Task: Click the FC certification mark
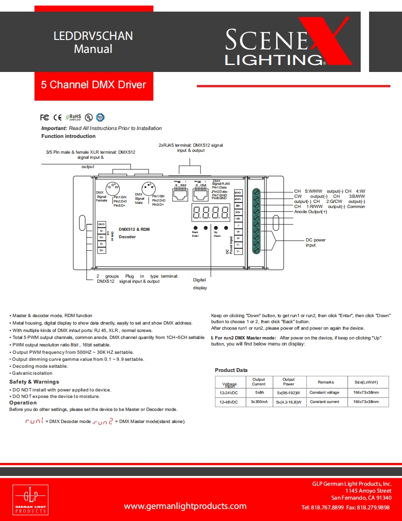(x=45, y=117)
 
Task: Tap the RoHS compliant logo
(x=73, y=117)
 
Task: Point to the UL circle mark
(x=88, y=117)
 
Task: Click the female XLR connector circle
(x=112, y=189)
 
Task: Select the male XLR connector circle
(x=148, y=189)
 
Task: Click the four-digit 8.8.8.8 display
(x=210, y=213)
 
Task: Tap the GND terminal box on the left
(x=102, y=224)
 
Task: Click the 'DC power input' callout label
(x=316, y=242)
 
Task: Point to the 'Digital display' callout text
(x=200, y=284)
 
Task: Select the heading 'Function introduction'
(x=68, y=136)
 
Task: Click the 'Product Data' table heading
(x=231, y=370)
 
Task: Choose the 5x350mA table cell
(x=259, y=402)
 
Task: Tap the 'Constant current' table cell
(x=324, y=402)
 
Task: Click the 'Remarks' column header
(x=326, y=382)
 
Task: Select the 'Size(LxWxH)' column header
(x=366, y=382)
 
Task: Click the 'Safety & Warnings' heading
(x=34, y=382)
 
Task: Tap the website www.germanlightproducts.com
(x=185, y=506)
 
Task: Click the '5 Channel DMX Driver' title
(x=93, y=85)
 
